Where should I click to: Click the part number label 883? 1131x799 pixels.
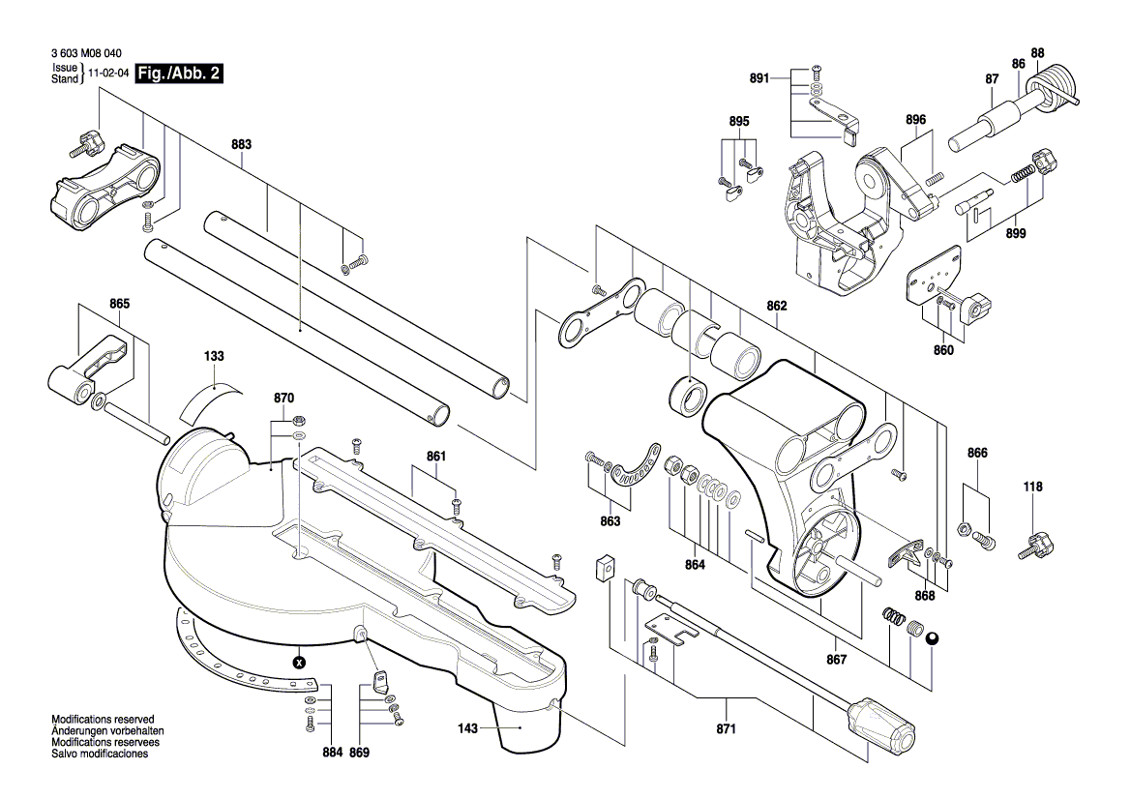tap(241, 144)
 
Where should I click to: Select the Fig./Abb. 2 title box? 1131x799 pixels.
tap(179, 74)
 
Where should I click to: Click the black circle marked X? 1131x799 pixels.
tap(299, 663)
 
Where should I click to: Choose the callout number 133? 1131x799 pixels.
tap(214, 356)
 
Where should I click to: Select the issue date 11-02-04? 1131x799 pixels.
tap(108, 74)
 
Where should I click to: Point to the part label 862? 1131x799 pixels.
tap(777, 306)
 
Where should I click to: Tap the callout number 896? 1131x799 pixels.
tap(915, 119)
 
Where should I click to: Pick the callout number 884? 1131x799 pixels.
tap(332, 752)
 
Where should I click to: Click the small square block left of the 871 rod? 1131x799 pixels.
tap(604, 567)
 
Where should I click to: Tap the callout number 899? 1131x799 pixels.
tap(1015, 233)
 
